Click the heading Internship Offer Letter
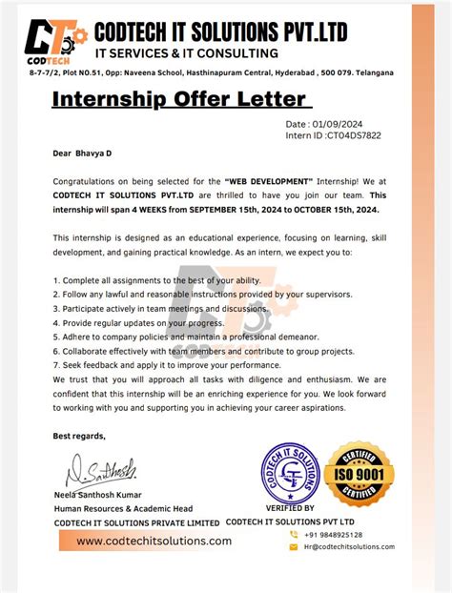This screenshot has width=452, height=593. click(x=177, y=98)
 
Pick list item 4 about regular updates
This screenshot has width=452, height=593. click(x=137, y=322)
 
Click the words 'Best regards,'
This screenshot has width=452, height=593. click(x=80, y=436)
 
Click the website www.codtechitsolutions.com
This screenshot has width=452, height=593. click(x=154, y=541)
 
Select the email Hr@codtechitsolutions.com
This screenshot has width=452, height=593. click(x=348, y=546)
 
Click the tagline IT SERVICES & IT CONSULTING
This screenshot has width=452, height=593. click(x=179, y=53)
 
